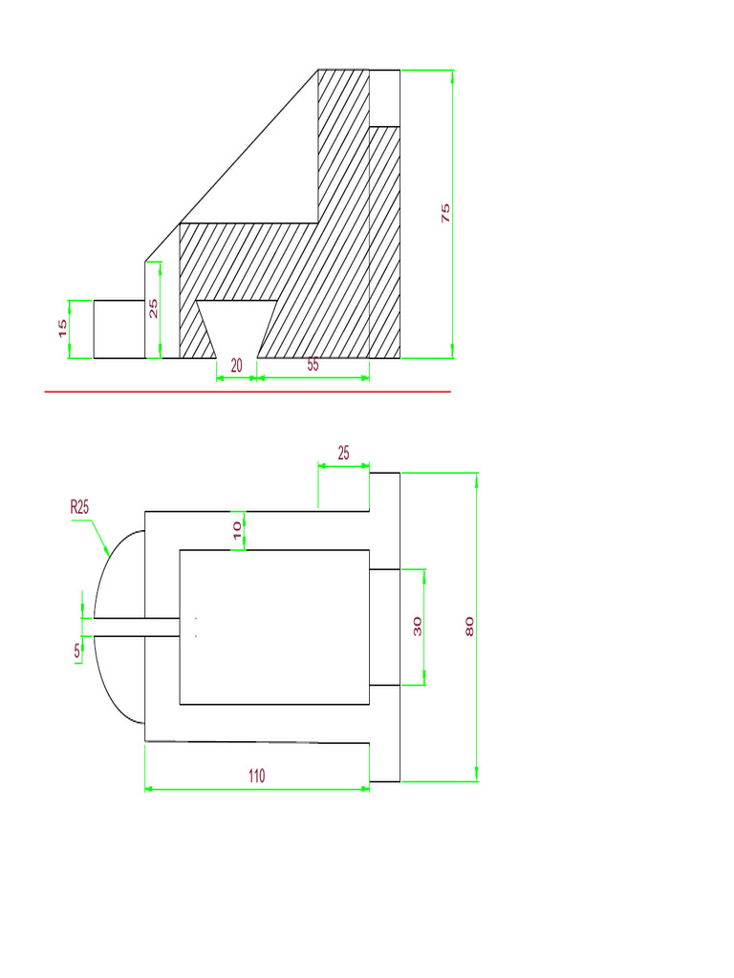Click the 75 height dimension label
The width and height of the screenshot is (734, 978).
[x=445, y=213]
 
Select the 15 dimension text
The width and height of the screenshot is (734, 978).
[x=63, y=329]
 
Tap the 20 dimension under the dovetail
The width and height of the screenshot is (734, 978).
[x=237, y=365]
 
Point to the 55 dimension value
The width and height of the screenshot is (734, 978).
[x=313, y=365]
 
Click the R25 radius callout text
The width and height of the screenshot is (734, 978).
[x=79, y=508]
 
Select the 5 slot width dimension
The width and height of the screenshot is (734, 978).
[x=76, y=651]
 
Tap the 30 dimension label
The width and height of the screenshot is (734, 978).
[x=417, y=627]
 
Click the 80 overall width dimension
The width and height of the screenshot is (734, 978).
[x=468, y=627]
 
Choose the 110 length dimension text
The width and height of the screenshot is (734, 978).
[x=256, y=776]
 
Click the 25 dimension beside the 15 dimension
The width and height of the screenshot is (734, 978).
[x=154, y=308]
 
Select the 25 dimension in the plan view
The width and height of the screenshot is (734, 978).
[x=342, y=453]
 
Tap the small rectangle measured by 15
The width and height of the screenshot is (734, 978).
[x=119, y=330]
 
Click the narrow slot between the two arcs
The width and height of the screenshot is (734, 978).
[x=134, y=627]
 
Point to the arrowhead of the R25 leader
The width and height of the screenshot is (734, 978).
[x=108, y=553]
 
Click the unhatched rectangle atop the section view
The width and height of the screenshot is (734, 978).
[x=384, y=98]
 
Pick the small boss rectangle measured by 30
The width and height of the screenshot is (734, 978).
[x=384, y=627]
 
